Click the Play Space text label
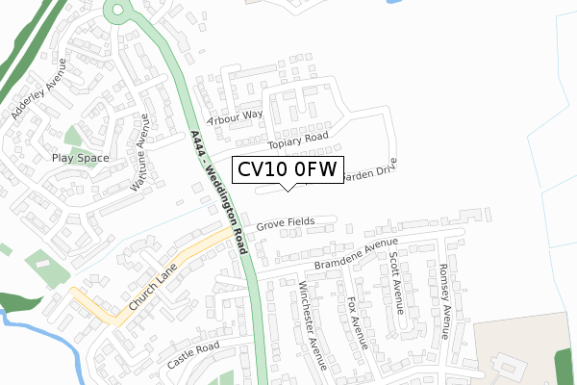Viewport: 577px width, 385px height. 81,158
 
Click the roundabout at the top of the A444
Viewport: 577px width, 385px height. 116,12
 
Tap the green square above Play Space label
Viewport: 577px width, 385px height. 74,136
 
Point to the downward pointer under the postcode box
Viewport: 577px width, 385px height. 287,188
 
